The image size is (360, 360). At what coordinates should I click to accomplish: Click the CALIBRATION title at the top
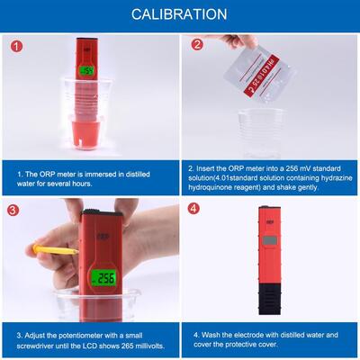click(x=179, y=14)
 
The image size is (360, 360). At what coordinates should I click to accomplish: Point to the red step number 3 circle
click(x=13, y=211)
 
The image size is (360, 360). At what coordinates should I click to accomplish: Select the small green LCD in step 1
click(x=86, y=70)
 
